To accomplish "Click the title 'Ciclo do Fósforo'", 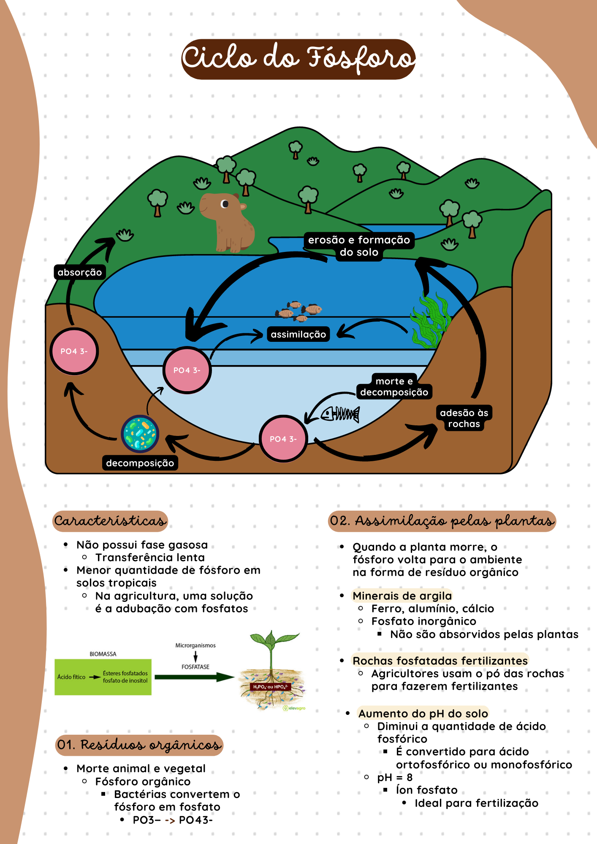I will (x=298, y=59).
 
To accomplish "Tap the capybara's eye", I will (x=225, y=204).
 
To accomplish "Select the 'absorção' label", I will (x=80, y=272).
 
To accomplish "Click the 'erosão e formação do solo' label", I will (x=359, y=246).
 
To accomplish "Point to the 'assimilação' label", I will (x=298, y=334).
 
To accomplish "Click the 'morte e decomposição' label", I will (x=394, y=387).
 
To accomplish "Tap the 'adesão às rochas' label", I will (x=464, y=418).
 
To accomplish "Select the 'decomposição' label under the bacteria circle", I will (x=140, y=463).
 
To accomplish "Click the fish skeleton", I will (x=340, y=414).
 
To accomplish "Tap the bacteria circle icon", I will (x=140, y=434).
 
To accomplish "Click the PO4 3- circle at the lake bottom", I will (x=283, y=439).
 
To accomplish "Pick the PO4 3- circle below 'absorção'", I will (x=74, y=351).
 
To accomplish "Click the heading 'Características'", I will (x=110, y=521).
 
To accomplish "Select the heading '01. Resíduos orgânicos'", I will (x=139, y=745).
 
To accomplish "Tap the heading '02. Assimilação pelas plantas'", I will (x=442, y=521).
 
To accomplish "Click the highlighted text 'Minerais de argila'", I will (x=402, y=596).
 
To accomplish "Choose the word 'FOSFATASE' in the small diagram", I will (x=195, y=667).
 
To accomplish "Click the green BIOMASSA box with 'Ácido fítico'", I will (x=103, y=677).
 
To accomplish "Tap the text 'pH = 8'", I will (x=395, y=777).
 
